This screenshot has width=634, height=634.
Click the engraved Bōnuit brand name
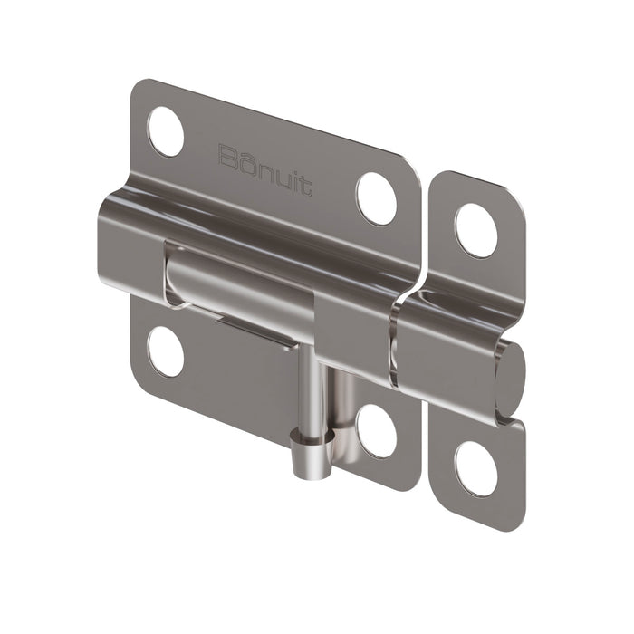(265, 168)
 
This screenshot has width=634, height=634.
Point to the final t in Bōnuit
(306, 188)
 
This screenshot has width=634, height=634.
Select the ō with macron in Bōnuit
(246, 160)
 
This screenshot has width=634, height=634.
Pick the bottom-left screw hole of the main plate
(166, 351)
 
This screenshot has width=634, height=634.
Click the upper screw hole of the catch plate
(475, 230)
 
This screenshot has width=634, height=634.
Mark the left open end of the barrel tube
(109, 240)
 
